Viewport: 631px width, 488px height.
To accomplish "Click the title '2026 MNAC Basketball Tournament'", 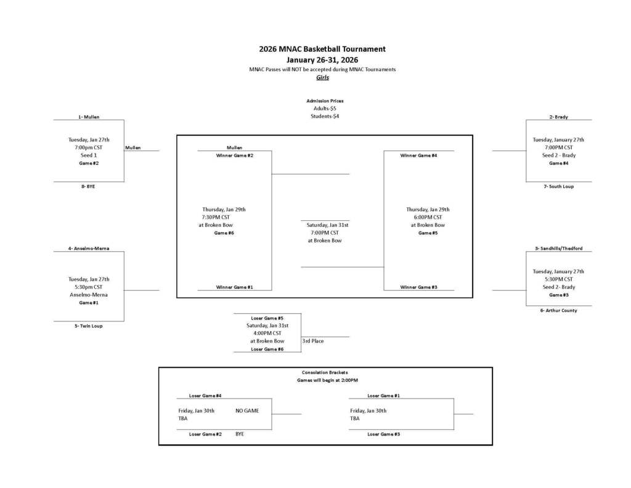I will tap(322, 49).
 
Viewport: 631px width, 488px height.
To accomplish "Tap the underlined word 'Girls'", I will tap(322, 78).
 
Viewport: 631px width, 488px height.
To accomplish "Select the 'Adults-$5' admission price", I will tap(325, 108).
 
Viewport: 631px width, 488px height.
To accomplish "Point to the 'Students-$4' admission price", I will tap(325, 116).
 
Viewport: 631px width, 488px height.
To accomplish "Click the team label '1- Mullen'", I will tap(89, 117).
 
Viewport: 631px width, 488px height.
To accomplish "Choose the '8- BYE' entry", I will tap(88, 186).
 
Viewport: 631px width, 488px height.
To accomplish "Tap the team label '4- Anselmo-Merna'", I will tap(89, 249).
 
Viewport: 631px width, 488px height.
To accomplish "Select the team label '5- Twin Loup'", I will tap(89, 326).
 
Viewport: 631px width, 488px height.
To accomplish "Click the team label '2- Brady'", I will tap(558, 117).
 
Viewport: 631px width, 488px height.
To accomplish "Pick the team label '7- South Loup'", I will tap(558, 186).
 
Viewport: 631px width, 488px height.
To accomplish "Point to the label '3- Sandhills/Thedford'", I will tap(558, 249).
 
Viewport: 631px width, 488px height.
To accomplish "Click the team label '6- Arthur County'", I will tap(558, 310).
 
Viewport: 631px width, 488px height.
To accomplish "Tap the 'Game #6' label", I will tap(224, 233).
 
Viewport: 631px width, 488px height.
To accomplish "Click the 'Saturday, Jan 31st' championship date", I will tap(328, 225).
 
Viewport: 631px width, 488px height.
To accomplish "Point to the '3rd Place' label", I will tap(312, 341).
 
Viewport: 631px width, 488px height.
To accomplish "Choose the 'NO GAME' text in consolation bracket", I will tap(247, 410).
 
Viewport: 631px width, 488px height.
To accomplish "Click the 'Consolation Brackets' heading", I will tap(325, 373).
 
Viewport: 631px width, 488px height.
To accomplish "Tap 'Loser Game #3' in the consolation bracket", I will tap(383, 434).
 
